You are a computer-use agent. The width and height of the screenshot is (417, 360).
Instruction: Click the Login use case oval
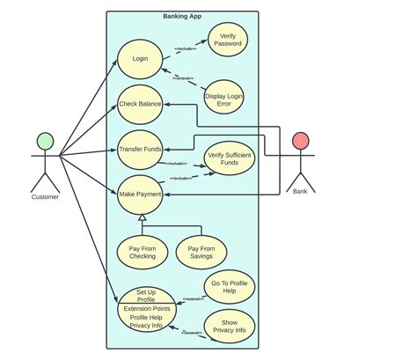point(140,60)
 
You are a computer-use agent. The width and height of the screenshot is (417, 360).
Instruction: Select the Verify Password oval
point(228,40)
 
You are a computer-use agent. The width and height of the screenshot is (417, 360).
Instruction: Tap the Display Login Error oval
point(223,99)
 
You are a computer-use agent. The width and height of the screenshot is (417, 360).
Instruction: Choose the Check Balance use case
point(140,105)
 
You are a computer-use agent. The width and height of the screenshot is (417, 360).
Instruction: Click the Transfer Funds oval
point(140,150)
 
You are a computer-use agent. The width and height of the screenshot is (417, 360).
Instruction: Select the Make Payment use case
point(140,194)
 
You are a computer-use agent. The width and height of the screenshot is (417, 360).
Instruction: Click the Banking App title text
point(182,16)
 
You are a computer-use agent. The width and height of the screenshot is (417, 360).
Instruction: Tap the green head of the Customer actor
point(45,140)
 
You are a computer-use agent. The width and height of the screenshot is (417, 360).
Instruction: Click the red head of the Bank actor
point(300,140)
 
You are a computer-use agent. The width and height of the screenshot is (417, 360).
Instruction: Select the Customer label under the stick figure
point(45,197)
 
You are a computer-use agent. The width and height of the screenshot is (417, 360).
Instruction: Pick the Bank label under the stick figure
point(300,191)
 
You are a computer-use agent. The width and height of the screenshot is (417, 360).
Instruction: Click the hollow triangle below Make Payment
point(142,217)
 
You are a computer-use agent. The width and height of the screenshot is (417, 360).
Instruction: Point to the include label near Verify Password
point(185,48)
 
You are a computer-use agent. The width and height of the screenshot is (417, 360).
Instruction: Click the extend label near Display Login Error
point(183,79)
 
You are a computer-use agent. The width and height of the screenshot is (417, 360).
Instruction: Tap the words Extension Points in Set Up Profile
point(146,309)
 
